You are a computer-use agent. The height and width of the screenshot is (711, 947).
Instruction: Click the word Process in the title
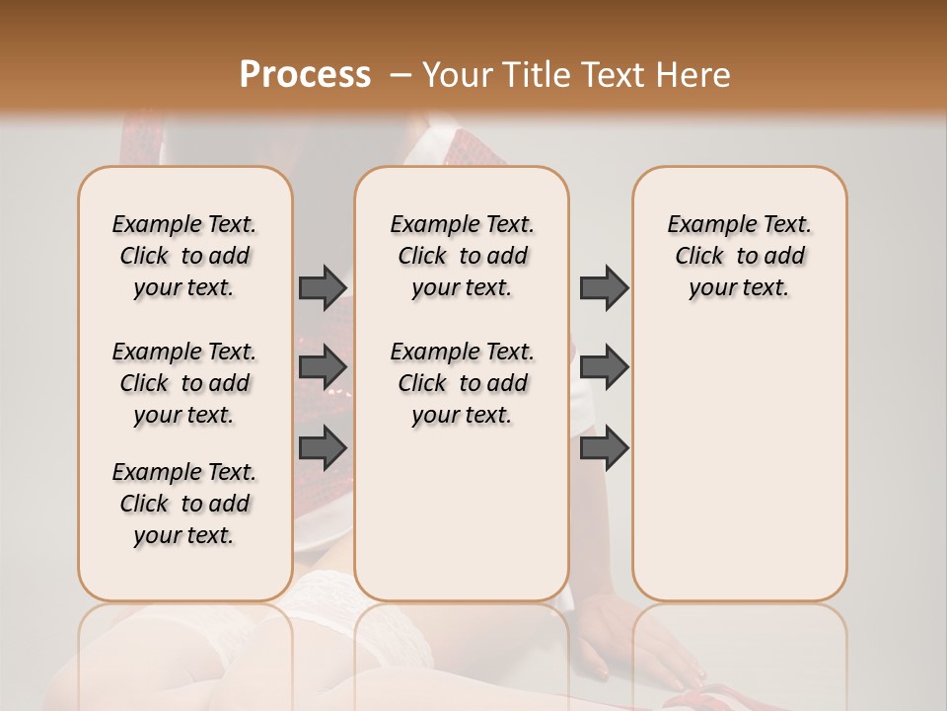pyautogui.click(x=305, y=75)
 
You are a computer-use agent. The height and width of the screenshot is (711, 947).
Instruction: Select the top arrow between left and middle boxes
pyautogui.click(x=323, y=287)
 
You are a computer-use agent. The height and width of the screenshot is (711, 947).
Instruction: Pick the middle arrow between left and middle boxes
pyautogui.click(x=323, y=367)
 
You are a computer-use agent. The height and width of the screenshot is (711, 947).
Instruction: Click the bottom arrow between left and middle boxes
pyautogui.click(x=323, y=447)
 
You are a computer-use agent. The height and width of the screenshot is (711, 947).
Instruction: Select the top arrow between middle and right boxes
pyautogui.click(x=604, y=287)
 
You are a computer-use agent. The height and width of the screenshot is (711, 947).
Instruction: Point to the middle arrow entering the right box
pyautogui.click(x=604, y=367)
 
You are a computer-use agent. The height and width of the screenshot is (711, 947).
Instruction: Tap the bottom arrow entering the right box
pyautogui.click(x=604, y=447)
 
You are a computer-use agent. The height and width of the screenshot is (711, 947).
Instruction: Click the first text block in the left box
pyautogui.click(x=184, y=256)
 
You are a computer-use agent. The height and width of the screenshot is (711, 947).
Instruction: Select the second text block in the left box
pyautogui.click(x=184, y=383)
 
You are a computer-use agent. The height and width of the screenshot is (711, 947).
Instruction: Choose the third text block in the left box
pyautogui.click(x=184, y=504)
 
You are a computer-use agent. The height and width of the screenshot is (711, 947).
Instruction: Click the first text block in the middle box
pyautogui.click(x=462, y=256)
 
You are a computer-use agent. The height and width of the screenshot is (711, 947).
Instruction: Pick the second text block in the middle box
pyautogui.click(x=462, y=383)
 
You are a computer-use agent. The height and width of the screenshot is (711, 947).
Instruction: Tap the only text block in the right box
pyautogui.click(x=739, y=256)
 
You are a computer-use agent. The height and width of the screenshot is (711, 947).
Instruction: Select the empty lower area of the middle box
pyautogui.click(x=462, y=513)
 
